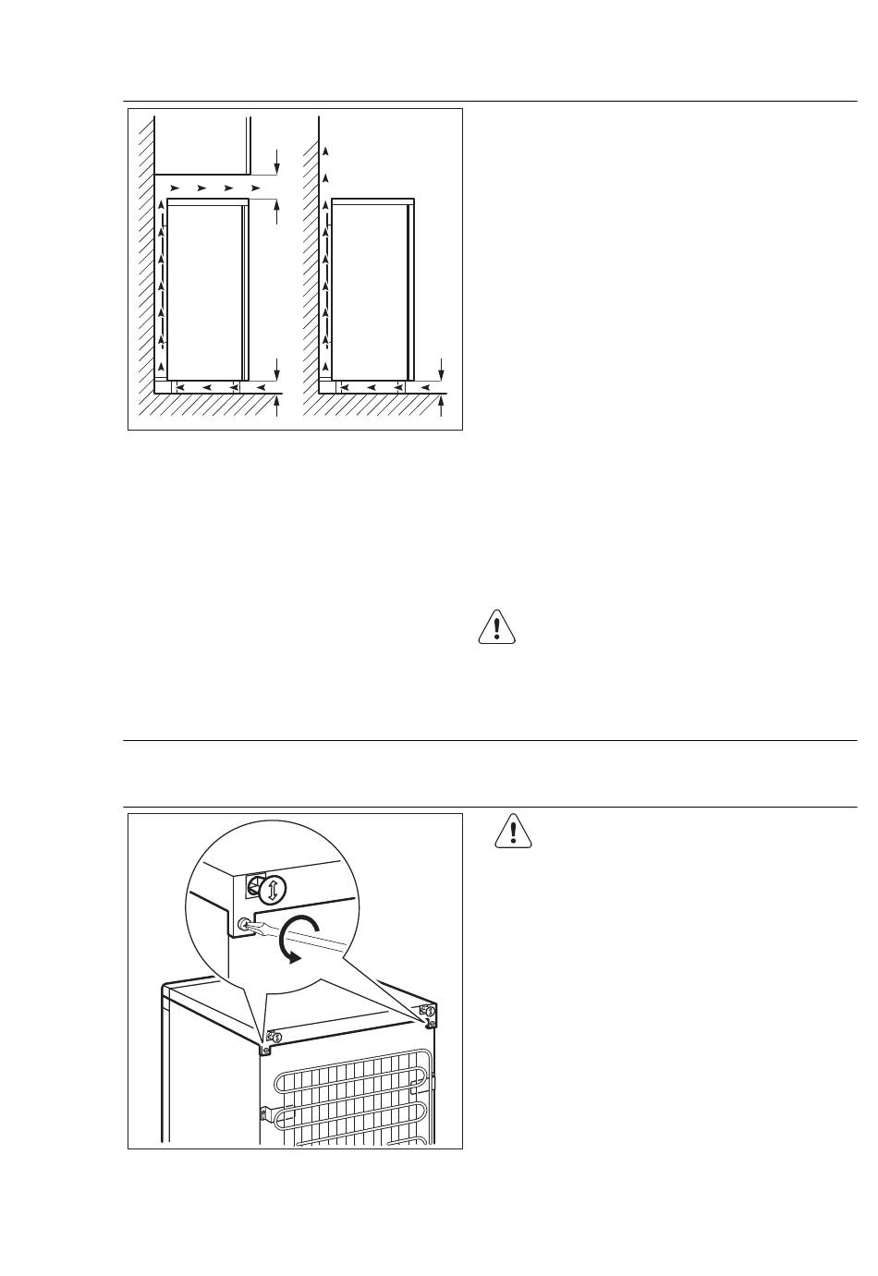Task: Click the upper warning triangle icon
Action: pyautogui.click(x=498, y=626)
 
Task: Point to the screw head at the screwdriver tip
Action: pyautogui.click(x=244, y=923)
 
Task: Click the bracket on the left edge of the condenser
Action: pyautogui.click(x=264, y=1115)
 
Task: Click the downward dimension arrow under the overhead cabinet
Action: pyautogui.click(x=276, y=163)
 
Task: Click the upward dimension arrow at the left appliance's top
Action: pyautogui.click(x=276, y=211)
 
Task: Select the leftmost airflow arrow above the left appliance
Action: pyautogui.click(x=175, y=188)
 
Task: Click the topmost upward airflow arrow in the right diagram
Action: pyautogui.click(x=324, y=151)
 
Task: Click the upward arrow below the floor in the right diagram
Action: pyautogui.click(x=442, y=407)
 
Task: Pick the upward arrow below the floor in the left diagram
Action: pyautogui.click(x=278, y=407)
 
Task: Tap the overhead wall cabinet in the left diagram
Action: pyautogui.click(x=202, y=143)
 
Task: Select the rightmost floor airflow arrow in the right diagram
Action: pyautogui.click(x=425, y=387)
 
